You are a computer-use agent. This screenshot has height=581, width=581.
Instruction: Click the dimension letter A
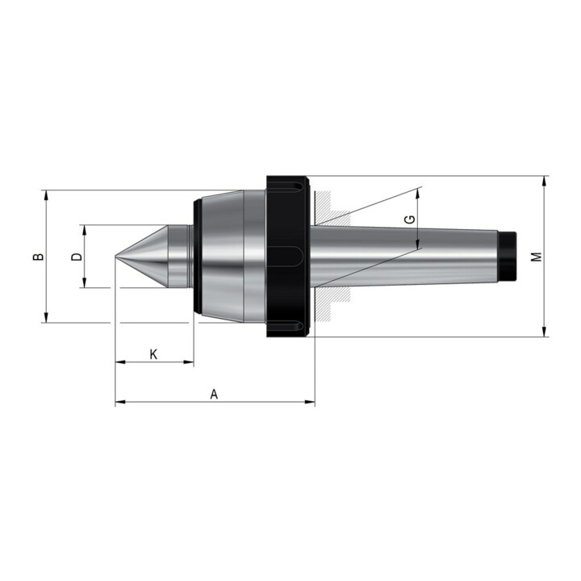tap(214, 394)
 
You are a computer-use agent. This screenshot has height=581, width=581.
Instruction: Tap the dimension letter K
tap(153, 354)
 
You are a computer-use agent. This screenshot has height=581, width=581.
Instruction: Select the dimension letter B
tap(38, 257)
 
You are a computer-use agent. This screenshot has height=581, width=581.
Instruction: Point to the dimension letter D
tap(77, 257)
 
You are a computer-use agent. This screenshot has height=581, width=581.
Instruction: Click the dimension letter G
tap(410, 219)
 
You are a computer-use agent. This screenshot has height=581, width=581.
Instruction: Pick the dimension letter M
tap(537, 257)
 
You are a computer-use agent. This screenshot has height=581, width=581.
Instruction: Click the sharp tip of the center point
tap(115, 257)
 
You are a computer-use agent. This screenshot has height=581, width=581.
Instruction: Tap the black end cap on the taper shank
tap(508, 257)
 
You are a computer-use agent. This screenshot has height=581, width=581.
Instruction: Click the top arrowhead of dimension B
tap(46, 195)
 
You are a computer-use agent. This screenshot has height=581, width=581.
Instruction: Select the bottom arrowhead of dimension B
tap(46, 317)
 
